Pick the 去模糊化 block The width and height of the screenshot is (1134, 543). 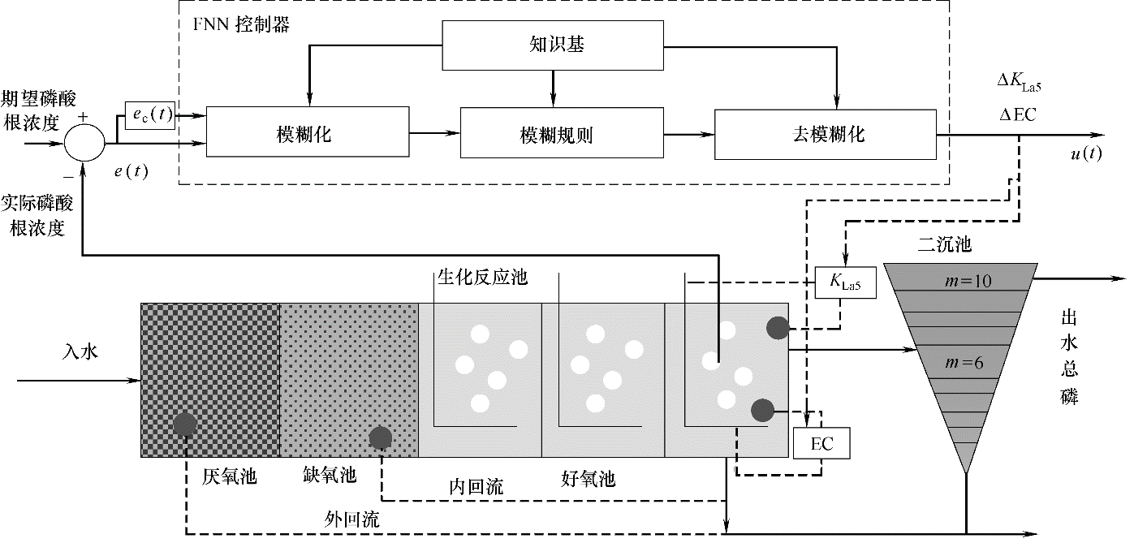(826, 131)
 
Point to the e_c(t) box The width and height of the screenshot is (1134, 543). (150, 115)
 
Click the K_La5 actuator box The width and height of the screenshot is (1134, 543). (847, 283)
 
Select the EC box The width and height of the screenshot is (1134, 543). (823, 443)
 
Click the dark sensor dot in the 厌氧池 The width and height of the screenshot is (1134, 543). (185, 424)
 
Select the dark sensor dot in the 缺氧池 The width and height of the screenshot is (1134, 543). (381, 438)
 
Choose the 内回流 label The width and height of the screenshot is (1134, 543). (476, 486)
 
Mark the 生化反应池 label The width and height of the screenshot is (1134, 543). (483, 278)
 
